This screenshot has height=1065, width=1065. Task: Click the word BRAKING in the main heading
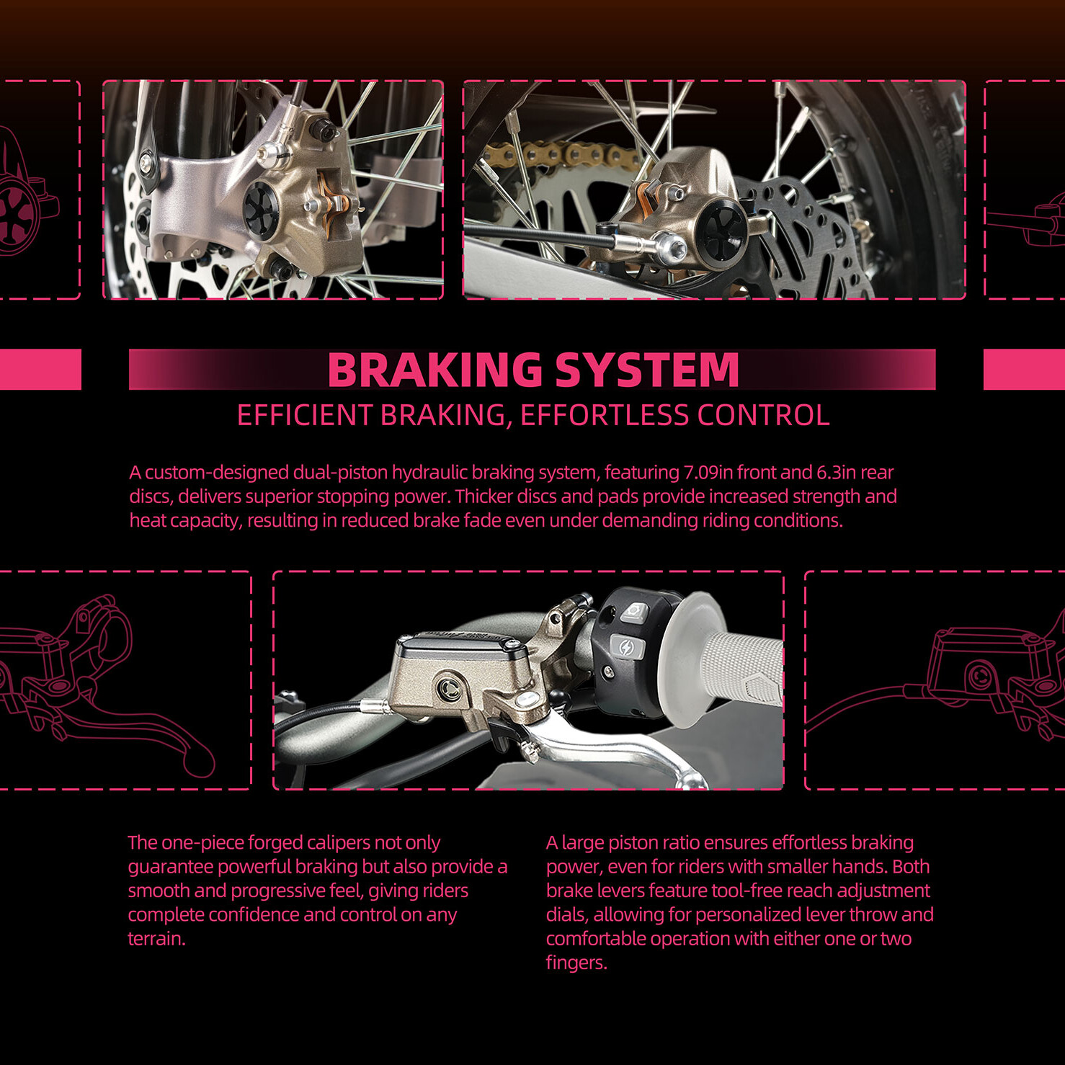(x=434, y=370)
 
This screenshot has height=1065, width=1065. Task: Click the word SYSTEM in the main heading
(x=647, y=370)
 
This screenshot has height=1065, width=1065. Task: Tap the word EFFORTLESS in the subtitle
(x=605, y=415)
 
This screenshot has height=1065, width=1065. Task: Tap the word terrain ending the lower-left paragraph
(x=156, y=939)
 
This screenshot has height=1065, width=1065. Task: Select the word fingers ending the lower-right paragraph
(x=576, y=963)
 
